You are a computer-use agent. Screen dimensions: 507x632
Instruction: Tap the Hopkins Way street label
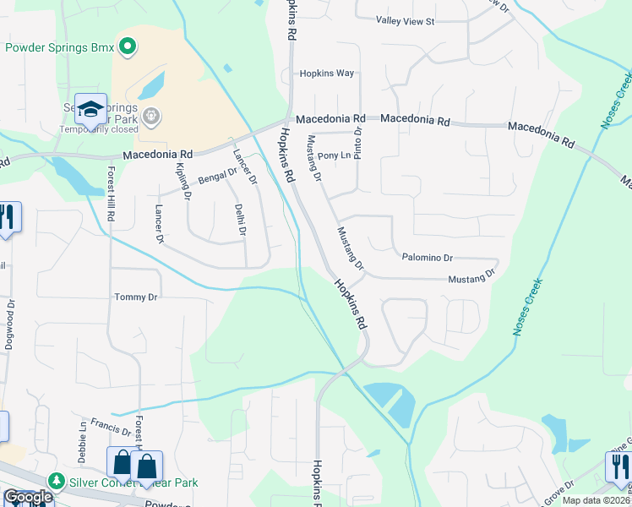pos(327,74)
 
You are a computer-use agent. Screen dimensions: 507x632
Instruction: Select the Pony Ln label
pos(334,156)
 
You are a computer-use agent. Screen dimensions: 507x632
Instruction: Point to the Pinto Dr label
pos(357,137)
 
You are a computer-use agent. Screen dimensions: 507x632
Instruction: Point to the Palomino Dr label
pos(427,257)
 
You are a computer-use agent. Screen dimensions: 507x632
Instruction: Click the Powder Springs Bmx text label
pos(59,47)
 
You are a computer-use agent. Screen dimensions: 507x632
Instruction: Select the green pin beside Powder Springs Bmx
pos(128,46)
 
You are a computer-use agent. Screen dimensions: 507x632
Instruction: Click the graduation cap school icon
pos(90,109)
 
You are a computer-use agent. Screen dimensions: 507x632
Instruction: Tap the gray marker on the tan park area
pos(151,115)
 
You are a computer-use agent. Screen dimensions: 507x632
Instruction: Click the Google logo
pos(27,498)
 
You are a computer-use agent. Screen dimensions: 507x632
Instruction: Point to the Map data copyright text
pos(596,500)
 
